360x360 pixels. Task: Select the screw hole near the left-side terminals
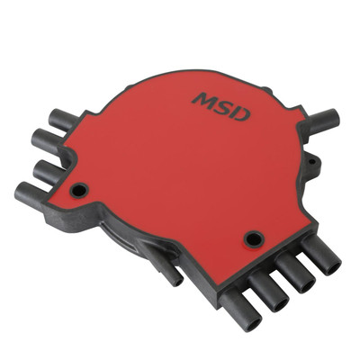coord(80,191)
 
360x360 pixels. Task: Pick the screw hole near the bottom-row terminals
coord(255,238)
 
